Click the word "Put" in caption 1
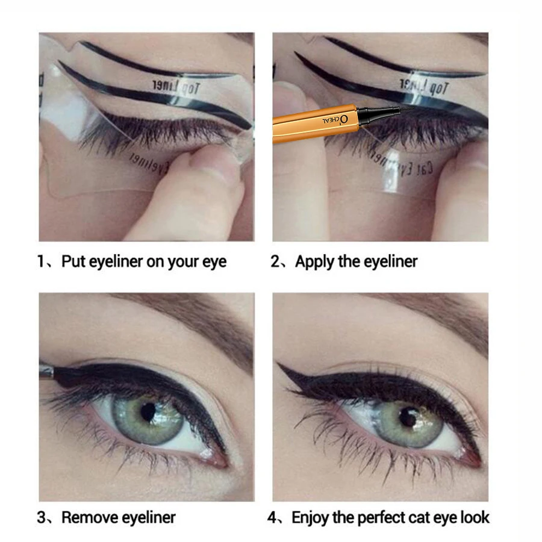pos(73,262)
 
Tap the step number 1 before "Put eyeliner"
pos(41,262)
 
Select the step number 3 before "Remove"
pos(42,517)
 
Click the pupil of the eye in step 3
pos(148,412)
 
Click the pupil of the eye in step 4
pos(409,417)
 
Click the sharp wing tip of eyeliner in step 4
pos(278,366)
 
